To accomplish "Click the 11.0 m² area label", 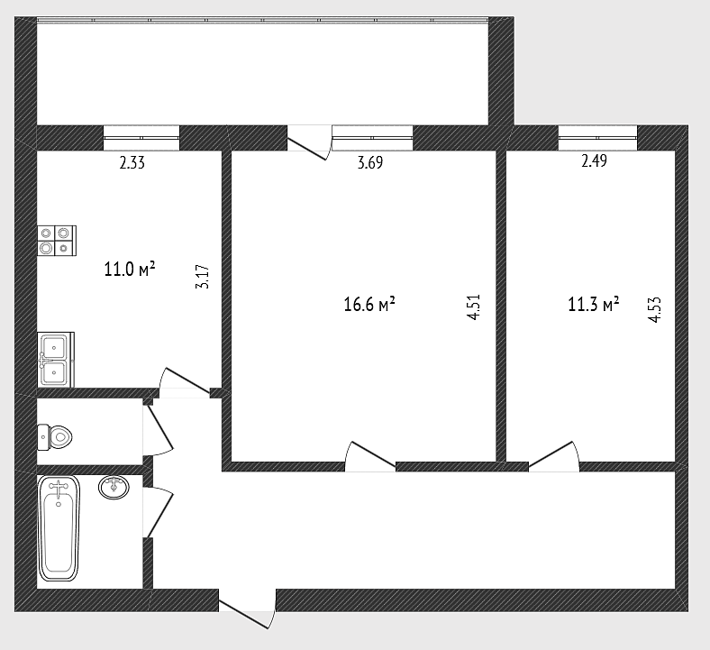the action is coord(130,269).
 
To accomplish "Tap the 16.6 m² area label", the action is coord(369,304).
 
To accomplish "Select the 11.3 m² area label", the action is coord(594,305).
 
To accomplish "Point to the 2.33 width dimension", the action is coord(132,162).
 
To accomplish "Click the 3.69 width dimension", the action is coord(370,162).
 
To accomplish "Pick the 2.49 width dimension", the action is coord(594,160).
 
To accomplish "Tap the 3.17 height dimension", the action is coord(203,277).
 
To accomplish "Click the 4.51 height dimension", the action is coord(473,307).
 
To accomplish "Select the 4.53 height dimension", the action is coord(655,309).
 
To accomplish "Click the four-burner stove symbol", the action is coord(57,241).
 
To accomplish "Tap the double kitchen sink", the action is coord(56,360).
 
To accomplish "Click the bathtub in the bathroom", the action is coord(59,528).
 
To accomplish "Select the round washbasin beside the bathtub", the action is coord(114,487).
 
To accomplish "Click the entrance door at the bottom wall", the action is coord(247,609).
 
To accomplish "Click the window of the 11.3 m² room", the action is coord(597,137).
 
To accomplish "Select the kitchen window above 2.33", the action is coord(141,138).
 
